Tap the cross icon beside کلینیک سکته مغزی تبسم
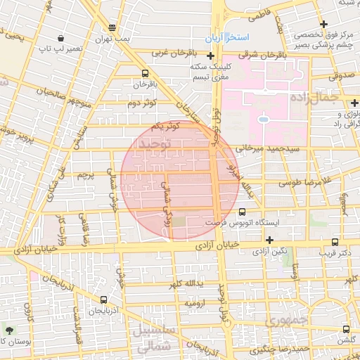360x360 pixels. tap(211, 56)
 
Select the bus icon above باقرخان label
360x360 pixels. tap(145, 73)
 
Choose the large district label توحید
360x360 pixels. tap(156, 144)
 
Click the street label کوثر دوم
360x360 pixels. tap(141, 103)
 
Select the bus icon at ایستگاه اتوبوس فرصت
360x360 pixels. tap(243, 212)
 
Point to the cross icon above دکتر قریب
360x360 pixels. tap(335, 241)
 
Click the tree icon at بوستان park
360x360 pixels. tap(8, 330)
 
